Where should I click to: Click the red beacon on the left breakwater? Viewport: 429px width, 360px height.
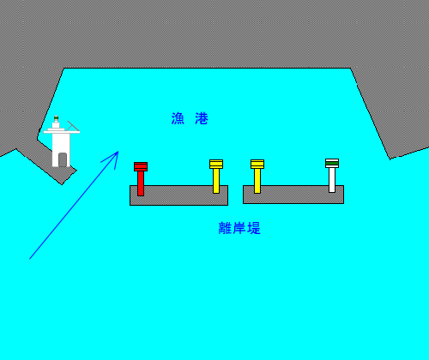(x=141, y=179)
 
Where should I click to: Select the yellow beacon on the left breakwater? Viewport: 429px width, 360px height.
(x=216, y=177)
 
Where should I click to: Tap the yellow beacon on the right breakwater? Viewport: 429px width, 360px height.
(x=257, y=177)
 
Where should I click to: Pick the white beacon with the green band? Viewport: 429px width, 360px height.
(x=332, y=176)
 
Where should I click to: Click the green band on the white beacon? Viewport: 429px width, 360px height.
(x=332, y=163)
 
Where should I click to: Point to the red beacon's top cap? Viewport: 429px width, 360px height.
(x=141, y=166)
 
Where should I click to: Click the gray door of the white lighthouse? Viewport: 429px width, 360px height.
(x=63, y=159)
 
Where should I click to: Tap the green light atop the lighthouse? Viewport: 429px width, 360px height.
(x=56, y=118)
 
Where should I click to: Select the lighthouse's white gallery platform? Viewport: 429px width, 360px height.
(x=62, y=132)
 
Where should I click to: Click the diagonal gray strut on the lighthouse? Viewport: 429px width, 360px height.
(x=73, y=126)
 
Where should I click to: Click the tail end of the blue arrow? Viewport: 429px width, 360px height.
(x=30, y=259)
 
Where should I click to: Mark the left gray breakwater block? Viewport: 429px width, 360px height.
(x=178, y=195)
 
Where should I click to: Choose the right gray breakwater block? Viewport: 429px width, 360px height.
(x=293, y=195)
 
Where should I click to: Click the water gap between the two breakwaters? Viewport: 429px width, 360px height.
(x=236, y=195)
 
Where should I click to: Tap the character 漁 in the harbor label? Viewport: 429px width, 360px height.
(x=178, y=118)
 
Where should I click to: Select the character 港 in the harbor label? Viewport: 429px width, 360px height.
(x=202, y=118)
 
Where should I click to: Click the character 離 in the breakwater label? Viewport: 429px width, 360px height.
(x=225, y=228)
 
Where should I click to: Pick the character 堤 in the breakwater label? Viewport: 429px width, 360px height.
(x=254, y=228)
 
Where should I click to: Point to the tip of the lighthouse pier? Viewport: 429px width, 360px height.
(x=62, y=184)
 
